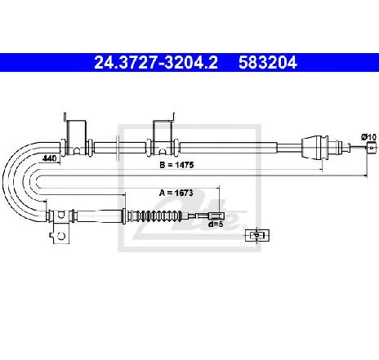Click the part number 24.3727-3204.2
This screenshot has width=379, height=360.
[x=156, y=63]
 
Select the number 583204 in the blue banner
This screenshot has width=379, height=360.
[x=268, y=63]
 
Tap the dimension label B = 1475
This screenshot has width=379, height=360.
[x=176, y=165]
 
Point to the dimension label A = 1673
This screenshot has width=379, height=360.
[x=176, y=193]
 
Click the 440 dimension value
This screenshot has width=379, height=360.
[x=49, y=158]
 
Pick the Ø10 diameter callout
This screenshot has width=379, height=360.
[x=369, y=137]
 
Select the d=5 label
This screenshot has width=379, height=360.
[x=216, y=224]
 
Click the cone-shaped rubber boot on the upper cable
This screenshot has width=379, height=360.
[x=315, y=147]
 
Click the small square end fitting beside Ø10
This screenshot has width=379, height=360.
[x=371, y=148]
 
